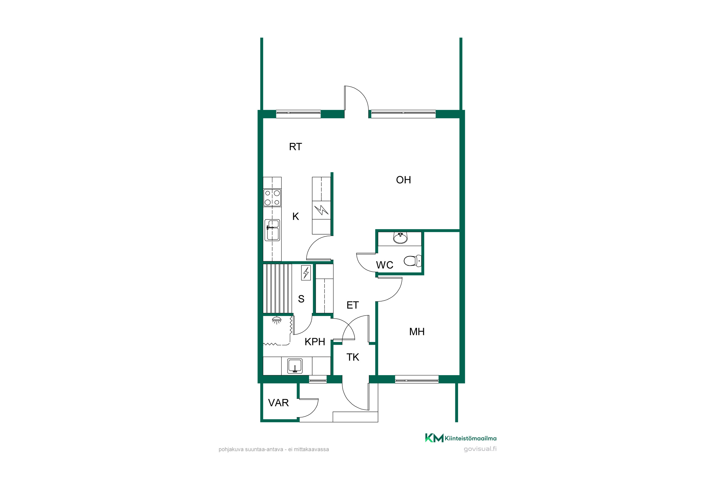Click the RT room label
(295, 147)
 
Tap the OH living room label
(403, 180)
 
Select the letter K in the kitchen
(296, 216)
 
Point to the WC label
(384, 265)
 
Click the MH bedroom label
(417, 332)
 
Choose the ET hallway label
(353, 305)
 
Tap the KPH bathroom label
(315, 342)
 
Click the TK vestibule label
(353, 357)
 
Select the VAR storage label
(278, 403)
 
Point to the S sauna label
(301, 299)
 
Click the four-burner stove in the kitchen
(272, 198)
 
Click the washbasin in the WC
(400, 238)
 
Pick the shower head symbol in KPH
(276, 320)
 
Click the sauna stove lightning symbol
(306, 273)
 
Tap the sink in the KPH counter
(295, 366)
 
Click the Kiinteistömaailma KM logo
(434, 438)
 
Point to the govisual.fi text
(480, 449)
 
